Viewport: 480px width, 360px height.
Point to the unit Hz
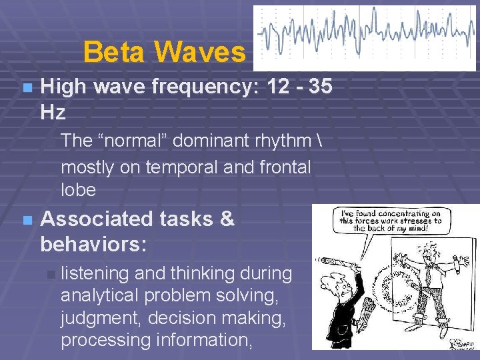(x=53, y=112)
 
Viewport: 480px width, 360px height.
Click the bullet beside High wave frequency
(x=26, y=87)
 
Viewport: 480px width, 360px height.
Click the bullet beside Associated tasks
(x=26, y=219)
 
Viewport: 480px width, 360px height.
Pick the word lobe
(x=78, y=189)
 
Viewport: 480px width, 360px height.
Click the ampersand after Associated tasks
(x=227, y=219)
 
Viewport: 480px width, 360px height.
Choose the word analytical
(x=101, y=296)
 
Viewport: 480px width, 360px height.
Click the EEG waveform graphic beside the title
(x=365, y=37)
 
